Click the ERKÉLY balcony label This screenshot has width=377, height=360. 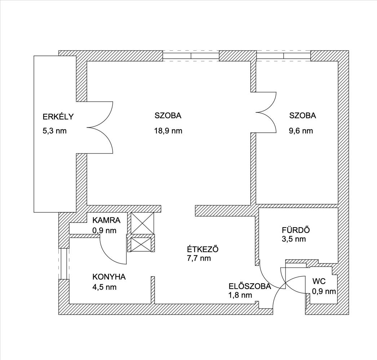pyautogui.click(x=58, y=117)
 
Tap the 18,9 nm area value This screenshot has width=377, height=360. pyautogui.click(x=168, y=131)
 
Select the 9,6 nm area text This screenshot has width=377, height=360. pyautogui.click(x=301, y=131)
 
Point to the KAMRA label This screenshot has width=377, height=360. pyautogui.click(x=106, y=220)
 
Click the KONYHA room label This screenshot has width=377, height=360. pyautogui.click(x=109, y=277)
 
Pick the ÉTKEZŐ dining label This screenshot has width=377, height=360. pyautogui.click(x=203, y=249)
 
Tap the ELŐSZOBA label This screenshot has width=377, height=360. pyautogui.click(x=249, y=287)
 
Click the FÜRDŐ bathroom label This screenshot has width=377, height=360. pyautogui.click(x=296, y=230)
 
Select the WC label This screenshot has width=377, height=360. pyautogui.click(x=319, y=281)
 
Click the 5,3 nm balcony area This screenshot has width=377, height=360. pyautogui.click(x=54, y=131)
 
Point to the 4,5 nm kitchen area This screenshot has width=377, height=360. pyautogui.click(x=104, y=287)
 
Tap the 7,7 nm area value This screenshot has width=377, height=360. pyautogui.click(x=199, y=258)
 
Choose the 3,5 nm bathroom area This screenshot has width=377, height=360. pyautogui.click(x=294, y=239)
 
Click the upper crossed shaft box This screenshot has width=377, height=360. pyautogui.click(x=142, y=223)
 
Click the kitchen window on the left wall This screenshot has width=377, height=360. pyautogui.click(x=64, y=263)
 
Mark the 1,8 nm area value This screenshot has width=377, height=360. pyautogui.click(x=240, y=296)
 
